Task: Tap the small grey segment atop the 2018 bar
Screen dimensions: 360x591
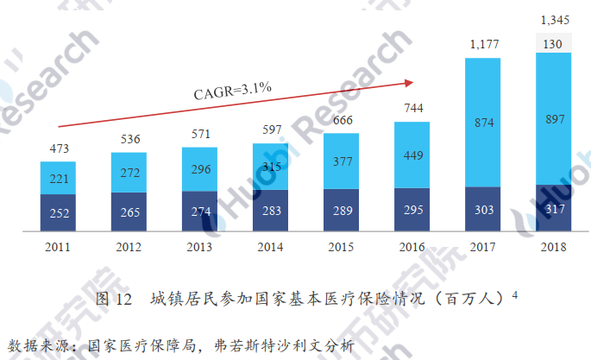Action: tap(553, 44)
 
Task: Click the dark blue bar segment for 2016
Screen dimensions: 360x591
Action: tap(412, 210)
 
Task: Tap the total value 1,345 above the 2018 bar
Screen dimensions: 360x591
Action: tap(553, 19)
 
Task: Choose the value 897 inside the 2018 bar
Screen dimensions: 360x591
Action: tap(553, 120)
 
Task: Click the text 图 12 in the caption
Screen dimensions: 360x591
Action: tap(112, 300)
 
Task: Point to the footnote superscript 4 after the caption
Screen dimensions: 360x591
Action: tap(514, 294)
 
